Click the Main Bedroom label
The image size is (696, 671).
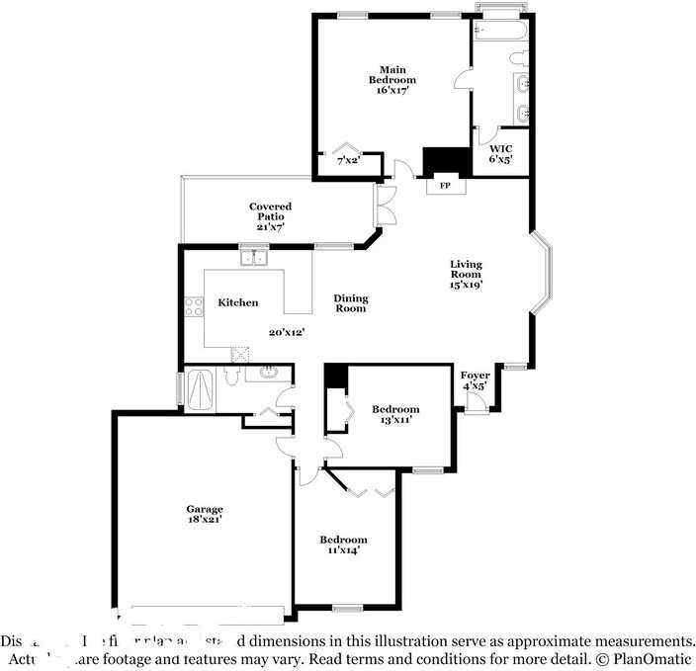click(x=392, y=74)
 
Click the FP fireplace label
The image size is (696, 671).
click(x=444, y=185)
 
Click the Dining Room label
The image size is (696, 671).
click(x=350, y=303)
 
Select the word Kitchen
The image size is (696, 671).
click(x=238, y=302)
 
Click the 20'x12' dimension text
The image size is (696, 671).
click(x=286, y=332)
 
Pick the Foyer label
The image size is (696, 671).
click(x=475, y=376)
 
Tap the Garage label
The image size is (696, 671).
click(x=205, y=509)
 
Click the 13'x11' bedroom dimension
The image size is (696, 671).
click(x=394, y=420)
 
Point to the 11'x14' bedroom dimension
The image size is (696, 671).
click(x=343, y=550)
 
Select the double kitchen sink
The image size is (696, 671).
click(x=256, y=259)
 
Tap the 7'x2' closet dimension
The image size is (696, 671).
click(x=347, y=159)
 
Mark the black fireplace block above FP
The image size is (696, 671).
click(x=444, y=160)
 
